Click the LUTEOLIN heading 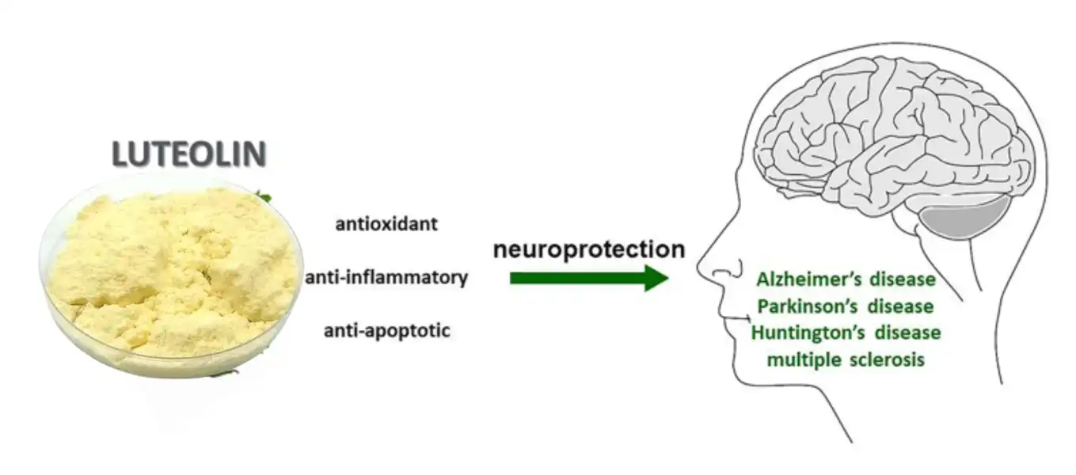(188, 154)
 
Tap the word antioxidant (386, 224)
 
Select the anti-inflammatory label (386, 278)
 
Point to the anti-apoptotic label (386, 330)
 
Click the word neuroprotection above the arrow (588, 249)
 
